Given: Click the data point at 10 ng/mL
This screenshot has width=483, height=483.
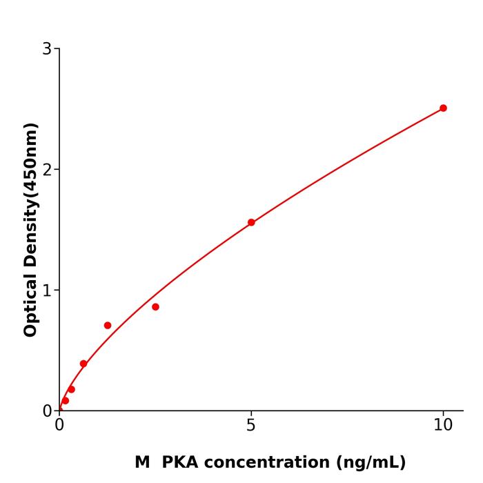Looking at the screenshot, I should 443,108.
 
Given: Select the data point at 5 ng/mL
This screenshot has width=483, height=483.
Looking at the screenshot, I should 251,222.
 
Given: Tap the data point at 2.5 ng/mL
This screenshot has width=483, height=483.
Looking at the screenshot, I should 155,306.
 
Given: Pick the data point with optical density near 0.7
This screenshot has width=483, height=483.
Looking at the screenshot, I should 108,325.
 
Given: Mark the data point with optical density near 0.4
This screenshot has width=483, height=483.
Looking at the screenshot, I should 83,364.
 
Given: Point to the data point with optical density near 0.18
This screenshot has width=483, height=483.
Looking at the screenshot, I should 71,389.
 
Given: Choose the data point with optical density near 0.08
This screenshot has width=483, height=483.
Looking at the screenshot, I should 66,400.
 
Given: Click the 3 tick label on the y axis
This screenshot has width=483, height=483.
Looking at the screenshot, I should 47,48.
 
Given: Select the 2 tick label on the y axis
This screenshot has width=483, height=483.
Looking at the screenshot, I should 47,169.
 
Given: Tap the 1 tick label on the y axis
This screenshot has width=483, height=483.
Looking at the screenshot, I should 47,290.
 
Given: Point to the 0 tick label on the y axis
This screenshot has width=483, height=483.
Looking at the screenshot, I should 47,411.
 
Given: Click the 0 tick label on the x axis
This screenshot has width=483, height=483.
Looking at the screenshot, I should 59,426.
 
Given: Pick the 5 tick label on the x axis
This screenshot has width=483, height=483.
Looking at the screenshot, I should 251,426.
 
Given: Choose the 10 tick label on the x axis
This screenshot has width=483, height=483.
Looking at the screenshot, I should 443,426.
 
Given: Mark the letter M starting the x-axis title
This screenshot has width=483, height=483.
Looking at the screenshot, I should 142,462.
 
